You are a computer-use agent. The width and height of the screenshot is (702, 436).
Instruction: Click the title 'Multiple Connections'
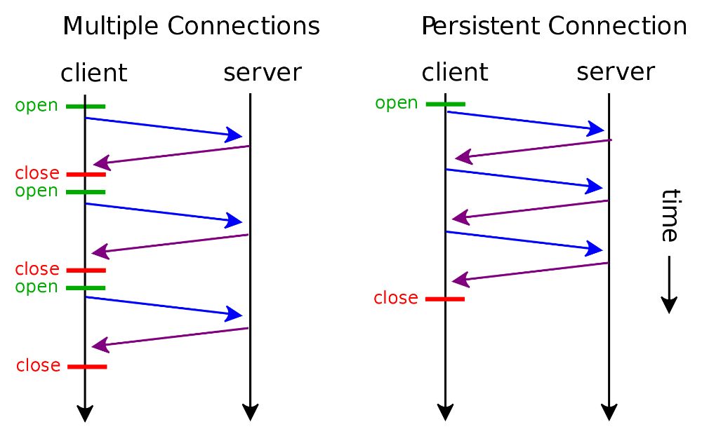tap(191, 27)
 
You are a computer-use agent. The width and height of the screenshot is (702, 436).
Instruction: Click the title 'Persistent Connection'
tap(554, 27)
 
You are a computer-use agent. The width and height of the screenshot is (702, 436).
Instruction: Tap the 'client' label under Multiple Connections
tap(94, 72)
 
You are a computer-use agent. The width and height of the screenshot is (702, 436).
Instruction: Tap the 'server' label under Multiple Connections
tap(263, 72)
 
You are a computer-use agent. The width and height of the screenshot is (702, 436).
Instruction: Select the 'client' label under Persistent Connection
tap(455, 71)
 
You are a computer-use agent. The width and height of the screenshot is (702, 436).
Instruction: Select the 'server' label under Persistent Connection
tap(616, 71)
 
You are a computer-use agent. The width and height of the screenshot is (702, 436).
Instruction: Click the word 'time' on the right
tap(670, 215)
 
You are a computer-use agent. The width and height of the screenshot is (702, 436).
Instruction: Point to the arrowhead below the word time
tap(669, 304)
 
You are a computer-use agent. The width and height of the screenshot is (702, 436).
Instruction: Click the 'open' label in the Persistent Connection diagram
tap(397, 104)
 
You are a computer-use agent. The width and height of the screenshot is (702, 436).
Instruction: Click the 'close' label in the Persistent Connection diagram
tap(396, 299)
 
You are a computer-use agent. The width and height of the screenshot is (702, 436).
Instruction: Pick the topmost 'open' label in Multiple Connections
tap(37, 106)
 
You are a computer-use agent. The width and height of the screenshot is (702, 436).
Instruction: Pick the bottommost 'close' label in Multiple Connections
tap(38, 366)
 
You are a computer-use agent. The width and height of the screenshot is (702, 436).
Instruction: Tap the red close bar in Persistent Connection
tap(445, 299)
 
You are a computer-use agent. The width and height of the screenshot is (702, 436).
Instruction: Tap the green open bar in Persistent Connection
tap(445, 104)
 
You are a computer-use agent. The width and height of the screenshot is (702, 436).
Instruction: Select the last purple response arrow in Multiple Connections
tap(171, 337)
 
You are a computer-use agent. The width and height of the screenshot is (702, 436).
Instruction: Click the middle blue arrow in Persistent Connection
tap(524, 179)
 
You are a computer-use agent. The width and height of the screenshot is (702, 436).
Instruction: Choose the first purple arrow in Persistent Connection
tap(533, 149)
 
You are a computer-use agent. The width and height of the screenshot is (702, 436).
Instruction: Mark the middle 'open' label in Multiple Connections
tap(37, 191)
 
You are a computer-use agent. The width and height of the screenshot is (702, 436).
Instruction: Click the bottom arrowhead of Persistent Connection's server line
tap(609, 412)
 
